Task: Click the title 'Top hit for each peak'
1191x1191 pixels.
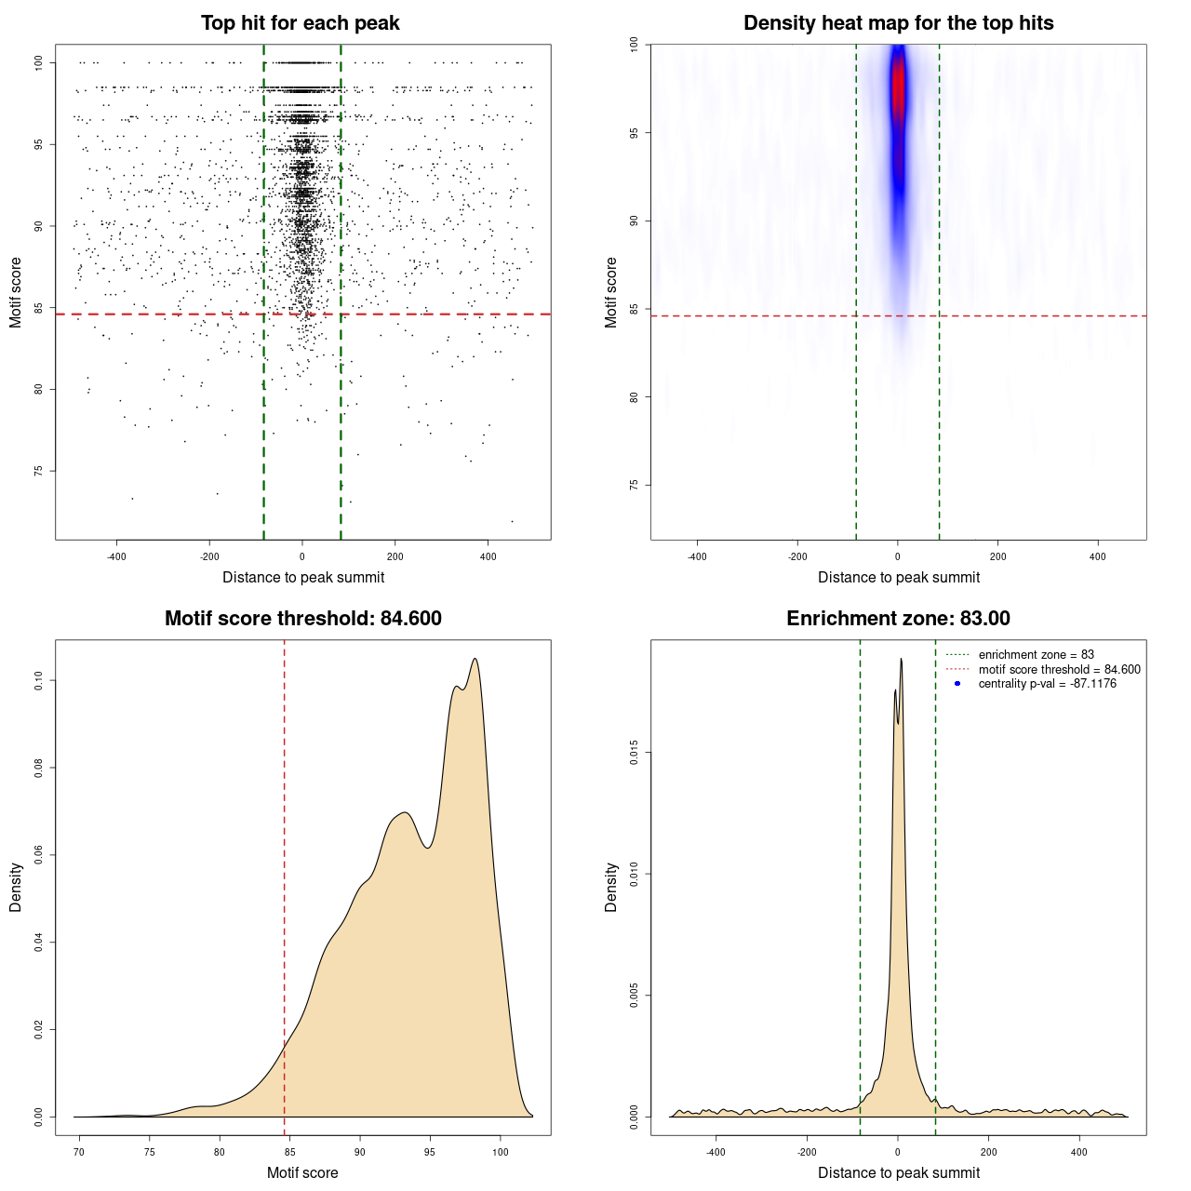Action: pos(300,23)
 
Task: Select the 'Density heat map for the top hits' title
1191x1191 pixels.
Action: pos(898,23)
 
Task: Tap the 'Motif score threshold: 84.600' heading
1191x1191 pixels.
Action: pos(302,619)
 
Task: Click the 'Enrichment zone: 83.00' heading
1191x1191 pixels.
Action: pos(898,619)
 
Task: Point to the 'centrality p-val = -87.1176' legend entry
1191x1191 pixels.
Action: pos(1047,684)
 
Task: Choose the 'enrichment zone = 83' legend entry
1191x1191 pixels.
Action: pos(1036,655)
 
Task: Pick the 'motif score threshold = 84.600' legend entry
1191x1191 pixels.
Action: pos(1059,670)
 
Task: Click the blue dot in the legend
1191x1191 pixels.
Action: pos(957,684)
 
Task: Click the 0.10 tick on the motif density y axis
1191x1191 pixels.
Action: pos(38,680)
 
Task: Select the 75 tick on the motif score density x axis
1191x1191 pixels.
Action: pos(150,1152)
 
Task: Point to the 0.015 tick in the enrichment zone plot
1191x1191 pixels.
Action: pos(634,753)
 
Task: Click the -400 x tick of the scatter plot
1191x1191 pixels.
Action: pos(116,556)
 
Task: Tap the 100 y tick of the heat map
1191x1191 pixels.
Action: pos(634,45)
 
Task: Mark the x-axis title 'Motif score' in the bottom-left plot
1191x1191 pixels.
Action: pos(302,1172)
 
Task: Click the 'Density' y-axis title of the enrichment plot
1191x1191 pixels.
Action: pos(611,887)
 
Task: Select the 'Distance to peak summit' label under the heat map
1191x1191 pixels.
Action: pos(898,577)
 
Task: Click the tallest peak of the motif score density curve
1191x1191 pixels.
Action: pos(475,660)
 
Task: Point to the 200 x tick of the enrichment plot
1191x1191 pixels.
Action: pos(988,1152)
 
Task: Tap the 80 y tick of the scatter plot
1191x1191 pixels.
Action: pos(38,389)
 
